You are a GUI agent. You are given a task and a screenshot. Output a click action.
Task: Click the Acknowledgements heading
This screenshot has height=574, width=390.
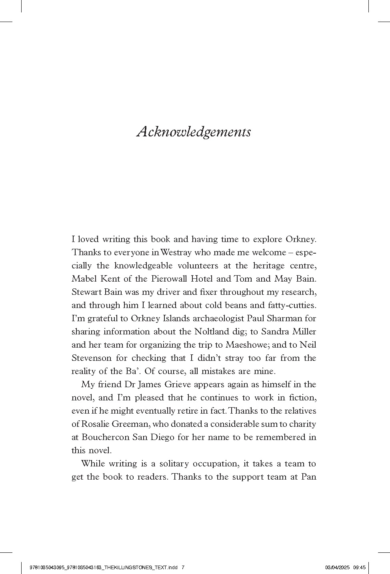[x=194, y=132]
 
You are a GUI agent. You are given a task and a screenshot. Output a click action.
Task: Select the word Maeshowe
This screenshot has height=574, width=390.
[x=244, y=345]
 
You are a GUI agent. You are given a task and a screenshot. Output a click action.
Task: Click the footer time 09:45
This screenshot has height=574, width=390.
[x=360, y=567]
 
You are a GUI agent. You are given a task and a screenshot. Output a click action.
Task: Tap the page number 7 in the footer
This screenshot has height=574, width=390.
[x=183, y=567]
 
